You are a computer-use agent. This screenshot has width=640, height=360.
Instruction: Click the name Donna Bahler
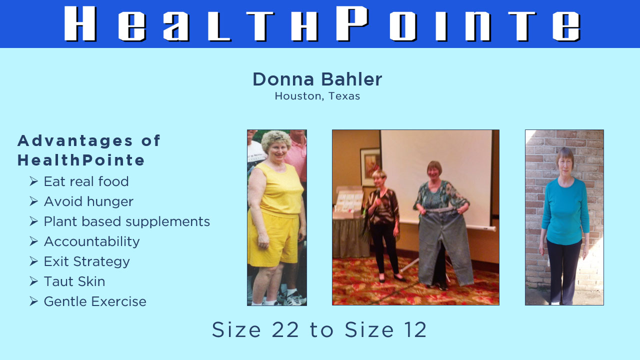pos(317,79)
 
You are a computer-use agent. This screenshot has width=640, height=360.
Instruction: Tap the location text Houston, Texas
pos(317,96)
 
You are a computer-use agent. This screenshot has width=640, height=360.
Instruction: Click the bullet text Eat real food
pos(86,181)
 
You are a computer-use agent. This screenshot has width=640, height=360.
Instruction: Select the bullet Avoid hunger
pos(88,201)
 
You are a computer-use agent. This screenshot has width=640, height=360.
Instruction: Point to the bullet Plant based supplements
pos(127,221)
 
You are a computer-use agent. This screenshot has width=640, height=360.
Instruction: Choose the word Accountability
pos(91,241)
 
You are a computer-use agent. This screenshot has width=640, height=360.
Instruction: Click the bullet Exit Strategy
pos(87,261)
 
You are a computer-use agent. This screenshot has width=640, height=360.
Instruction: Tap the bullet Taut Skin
pos(74,281)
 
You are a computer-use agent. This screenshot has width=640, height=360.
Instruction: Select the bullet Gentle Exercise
pos(95,301)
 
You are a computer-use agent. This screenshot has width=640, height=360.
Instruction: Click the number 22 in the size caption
pos(285,329)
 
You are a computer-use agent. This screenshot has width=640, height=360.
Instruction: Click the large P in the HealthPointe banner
pos(352,23)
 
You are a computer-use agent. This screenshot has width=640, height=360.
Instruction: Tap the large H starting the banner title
pos(80,23)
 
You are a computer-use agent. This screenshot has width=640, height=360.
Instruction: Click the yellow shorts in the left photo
pos(273,240)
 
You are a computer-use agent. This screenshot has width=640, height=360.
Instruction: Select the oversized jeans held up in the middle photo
pos(445,245)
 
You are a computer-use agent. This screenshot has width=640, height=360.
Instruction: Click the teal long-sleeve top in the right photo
pos(565,211)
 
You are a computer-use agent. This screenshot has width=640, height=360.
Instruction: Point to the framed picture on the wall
pos(370,167)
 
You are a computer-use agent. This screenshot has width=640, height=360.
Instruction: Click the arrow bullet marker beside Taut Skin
pos(33,281)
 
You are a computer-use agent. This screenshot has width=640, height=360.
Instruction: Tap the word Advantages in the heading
pos(75,141)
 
